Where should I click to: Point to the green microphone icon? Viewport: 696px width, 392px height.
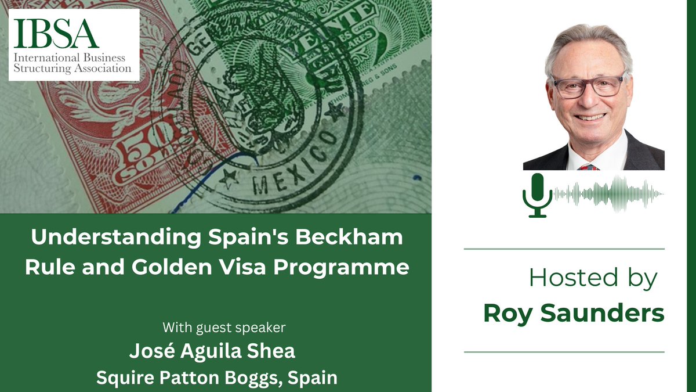tap(537, 195)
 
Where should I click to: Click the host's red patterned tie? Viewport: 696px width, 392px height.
tap(588, 166)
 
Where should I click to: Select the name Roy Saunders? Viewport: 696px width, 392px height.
tap(573, 314)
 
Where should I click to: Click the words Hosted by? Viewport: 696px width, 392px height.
tap(593, 279)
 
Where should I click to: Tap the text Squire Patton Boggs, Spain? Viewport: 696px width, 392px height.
tap(216, 378)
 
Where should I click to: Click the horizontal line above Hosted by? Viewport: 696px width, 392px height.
tap(564, 249)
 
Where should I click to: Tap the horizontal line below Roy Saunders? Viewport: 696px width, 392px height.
tap(564, 351)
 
